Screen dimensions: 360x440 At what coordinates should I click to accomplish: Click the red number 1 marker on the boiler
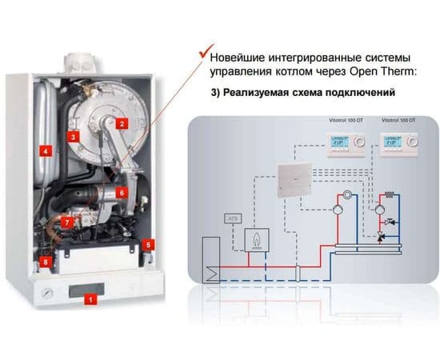coord(90,299)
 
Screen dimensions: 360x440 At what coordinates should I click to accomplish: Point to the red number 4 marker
coord(46,150)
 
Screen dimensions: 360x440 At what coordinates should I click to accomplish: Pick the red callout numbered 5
coord(149,244)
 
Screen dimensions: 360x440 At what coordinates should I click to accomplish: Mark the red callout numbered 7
coord(67,222)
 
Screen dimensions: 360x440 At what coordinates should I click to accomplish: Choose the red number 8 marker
coord(45,261)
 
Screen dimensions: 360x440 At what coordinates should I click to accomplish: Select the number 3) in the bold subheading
coord(216,93)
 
